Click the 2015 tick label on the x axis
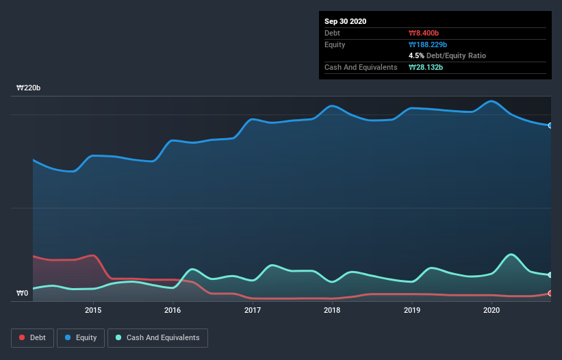93,310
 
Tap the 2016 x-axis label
173,310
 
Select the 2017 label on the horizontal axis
253,310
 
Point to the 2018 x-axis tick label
332,310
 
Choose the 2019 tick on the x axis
412,310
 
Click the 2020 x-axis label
491,310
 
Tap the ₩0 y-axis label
23,294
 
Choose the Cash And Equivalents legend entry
157,337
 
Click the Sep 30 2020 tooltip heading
346,21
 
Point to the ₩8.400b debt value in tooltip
424,33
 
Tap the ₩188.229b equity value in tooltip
429,44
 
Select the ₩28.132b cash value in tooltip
426,67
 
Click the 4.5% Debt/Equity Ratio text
447,55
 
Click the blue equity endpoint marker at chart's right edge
550,125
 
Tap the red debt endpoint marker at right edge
550,294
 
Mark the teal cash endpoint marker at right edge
550,275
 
